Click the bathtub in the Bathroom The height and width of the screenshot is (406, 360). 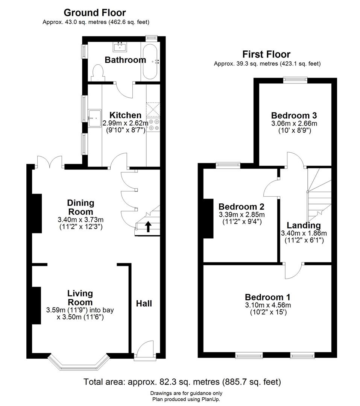(x=150, y=61)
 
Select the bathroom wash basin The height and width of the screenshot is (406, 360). (x=120, y=47)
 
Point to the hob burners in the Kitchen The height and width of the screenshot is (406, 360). (x=153, y=125)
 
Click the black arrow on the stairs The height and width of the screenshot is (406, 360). (x=148, y=226)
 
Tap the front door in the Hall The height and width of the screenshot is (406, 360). (x=144, y=350)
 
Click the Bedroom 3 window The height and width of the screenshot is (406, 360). (x=295, y=80)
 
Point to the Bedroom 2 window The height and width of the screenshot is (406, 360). (x=228, y=165)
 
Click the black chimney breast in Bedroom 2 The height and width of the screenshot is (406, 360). (x=208, y=218)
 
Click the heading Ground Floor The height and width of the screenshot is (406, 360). (x=95, y=13)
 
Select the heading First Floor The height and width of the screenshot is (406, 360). (x=266, y=55)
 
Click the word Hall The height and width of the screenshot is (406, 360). (x=144, y=303)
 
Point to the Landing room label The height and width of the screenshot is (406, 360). (x=304, y=225)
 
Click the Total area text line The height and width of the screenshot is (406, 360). (x=182, y=382)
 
